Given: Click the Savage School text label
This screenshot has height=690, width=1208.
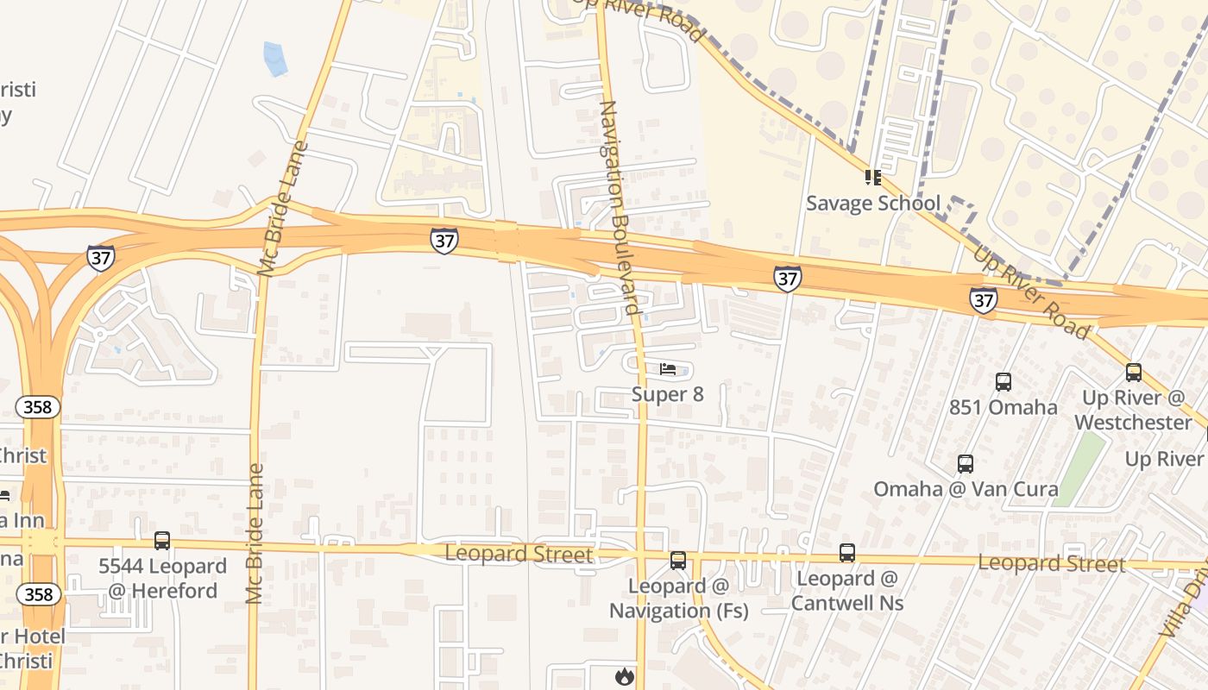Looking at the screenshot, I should pyautogui.click(x=872, y=204).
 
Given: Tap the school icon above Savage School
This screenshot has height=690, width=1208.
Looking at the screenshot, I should pyautogui.click(x=872, y=178).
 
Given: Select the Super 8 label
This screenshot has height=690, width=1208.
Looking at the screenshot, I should pyautogui.click(x=667, y=394).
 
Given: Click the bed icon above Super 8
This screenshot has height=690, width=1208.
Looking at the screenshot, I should pyautogui.click(x=668, y=369).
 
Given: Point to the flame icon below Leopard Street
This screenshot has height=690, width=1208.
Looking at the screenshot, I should pyautogui.click(x=624, y=676).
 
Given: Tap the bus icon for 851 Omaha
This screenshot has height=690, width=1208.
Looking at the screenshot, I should pyautogui.click(x=1003, y=381).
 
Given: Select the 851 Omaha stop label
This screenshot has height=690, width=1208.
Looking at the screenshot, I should pyautogui.click(x=1003, y=407).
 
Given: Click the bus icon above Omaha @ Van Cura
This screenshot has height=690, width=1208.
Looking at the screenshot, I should pyautogui.click(x=966, y=464).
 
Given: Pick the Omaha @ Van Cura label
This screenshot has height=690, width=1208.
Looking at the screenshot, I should pyautogui.click(x=966, y=489).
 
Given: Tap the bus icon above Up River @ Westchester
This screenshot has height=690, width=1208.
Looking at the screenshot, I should pyautogui.click(x=1133, y=373).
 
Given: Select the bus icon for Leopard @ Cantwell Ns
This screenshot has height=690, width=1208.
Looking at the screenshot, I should pyautogui.click(x=847, y=553).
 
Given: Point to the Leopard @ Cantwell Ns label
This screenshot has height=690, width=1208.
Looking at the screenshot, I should pyautogui.click(x=847, y=590).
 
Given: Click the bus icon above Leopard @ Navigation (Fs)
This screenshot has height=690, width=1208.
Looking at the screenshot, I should pyautogui.click(x=678, y=561).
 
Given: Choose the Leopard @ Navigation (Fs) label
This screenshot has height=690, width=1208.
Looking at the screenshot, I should pyautogui.click(x=678, y=599).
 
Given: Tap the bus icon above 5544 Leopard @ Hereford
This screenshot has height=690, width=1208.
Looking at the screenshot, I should pyautogui.click(x=162, y=541).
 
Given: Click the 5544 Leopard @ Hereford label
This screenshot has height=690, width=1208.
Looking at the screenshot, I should pyautogui.click(x=162, y=578).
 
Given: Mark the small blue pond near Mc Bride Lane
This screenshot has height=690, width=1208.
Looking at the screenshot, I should pyautogui.click(x=274, y=59).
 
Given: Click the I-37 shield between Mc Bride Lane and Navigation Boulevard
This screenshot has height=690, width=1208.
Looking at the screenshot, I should pyautogui.click(x=444, y=241).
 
